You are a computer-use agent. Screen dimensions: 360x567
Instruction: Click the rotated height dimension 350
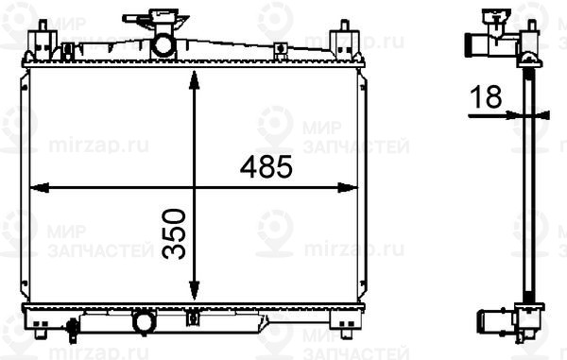point(174,233)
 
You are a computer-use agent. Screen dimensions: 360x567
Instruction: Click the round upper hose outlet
point(163,44)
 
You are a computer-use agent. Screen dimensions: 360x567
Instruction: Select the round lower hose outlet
point(145,322)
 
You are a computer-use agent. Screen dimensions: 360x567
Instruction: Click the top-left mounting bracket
point(41,43)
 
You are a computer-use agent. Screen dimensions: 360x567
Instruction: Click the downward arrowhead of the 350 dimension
point(193,295)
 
